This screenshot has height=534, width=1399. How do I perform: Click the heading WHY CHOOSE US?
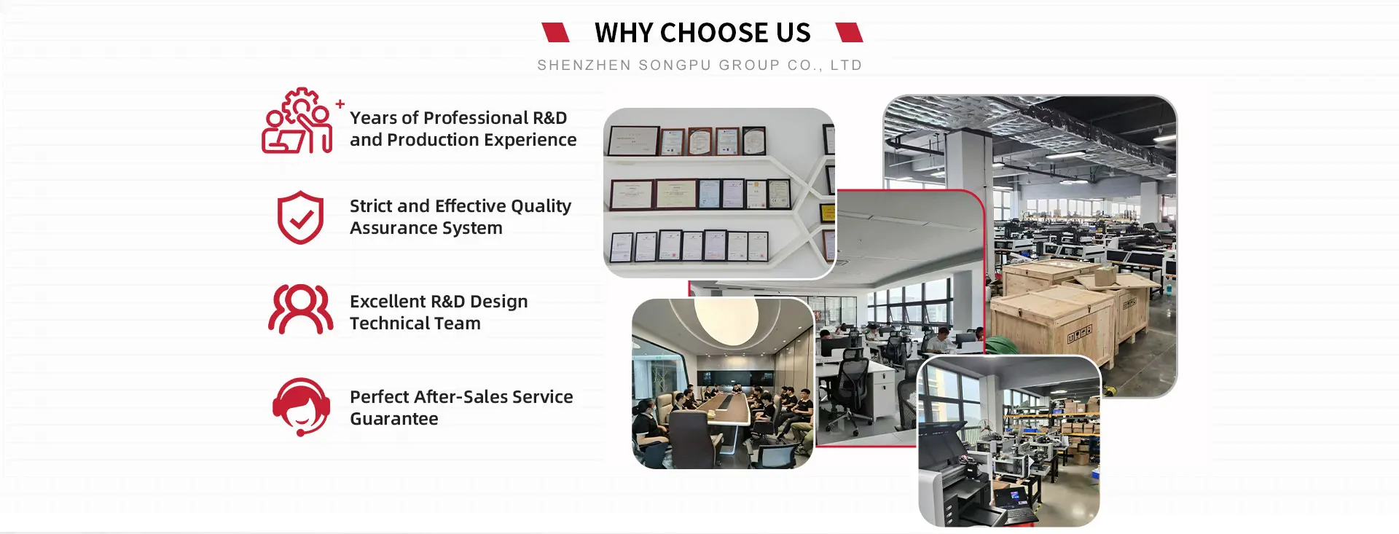(x=702, y=33)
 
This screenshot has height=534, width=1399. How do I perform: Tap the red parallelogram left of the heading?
(x=555, y=32)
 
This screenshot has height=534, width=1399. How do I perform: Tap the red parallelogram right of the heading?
(x=849, y=32)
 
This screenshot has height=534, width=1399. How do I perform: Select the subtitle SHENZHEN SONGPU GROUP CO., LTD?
(x=699, y=66)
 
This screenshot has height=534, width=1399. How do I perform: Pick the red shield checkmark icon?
(x=300, y=218)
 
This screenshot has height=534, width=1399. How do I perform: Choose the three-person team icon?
(x=300, y=309)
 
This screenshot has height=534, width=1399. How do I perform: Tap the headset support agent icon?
(x=301, y=407)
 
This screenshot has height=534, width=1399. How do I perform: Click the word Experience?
(x=530, y=140)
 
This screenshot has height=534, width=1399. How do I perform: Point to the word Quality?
(x=541, y=207)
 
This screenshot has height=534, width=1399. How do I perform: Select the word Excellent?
(x=388, y=302)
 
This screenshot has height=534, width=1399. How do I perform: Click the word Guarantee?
(x=394, y=419)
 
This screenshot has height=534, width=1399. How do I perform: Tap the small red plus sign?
(x=340, y=104)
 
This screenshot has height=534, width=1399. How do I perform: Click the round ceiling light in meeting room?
(x=726, y=319)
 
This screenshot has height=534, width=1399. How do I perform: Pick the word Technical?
(x=390, y=323)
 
